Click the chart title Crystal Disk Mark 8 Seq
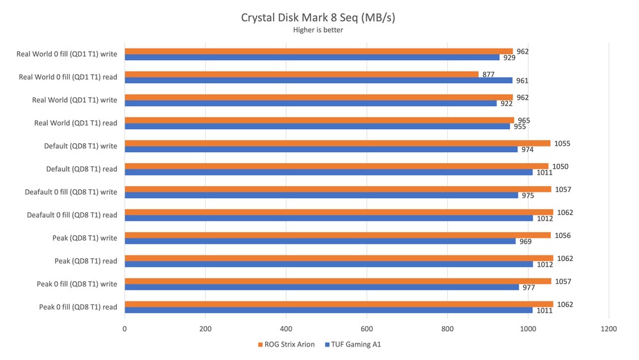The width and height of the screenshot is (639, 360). [318, 17]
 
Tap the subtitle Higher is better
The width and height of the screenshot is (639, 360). [318, 30]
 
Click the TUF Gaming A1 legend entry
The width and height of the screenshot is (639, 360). [354, 345]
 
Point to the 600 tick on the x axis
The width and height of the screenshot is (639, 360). [366, 329]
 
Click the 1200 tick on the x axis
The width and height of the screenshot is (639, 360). [608, 329]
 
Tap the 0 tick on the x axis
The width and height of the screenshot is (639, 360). [125, 329]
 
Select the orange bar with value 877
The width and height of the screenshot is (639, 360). [301, 74]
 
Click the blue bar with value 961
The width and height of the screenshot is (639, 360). [318, 81]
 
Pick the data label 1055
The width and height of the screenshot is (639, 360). [561, 143]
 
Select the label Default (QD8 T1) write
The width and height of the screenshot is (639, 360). [81, 146]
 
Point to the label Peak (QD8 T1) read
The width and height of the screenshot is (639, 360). [86, 261]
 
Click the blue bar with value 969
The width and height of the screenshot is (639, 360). [319, 241]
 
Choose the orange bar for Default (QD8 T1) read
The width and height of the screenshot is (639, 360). [336, 166]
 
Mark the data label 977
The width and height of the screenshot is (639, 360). [529, 288]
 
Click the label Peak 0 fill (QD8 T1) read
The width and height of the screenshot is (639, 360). [78, 307]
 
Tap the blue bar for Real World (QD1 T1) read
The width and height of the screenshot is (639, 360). [317, 126]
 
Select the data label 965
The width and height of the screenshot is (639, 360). [522, 120]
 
